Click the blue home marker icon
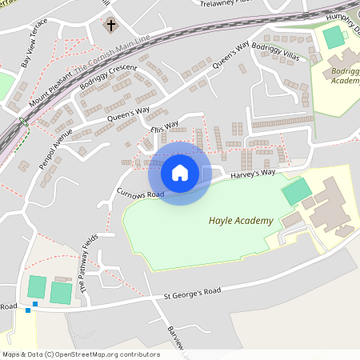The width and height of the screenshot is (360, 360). [180, 173]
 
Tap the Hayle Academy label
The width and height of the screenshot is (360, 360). [240, 220]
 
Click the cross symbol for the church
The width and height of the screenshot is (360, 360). [110, 26]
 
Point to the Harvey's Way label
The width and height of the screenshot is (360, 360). [253, 173]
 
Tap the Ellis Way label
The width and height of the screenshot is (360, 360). [164, 128]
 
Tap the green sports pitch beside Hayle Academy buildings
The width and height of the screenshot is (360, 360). [297, 191]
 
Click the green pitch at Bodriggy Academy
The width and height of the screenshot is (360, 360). [332, 37]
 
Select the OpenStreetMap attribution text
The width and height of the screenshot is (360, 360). [81, 354]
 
